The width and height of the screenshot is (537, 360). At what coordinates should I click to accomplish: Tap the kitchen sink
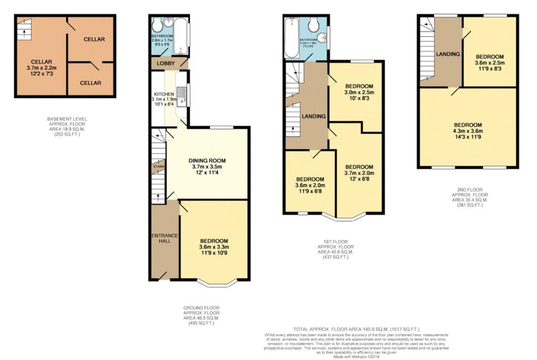[x=180, y=94]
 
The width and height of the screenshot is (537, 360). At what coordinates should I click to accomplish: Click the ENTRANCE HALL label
[x=165, y=238]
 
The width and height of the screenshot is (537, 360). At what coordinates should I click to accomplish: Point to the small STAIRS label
[x=158, y=167]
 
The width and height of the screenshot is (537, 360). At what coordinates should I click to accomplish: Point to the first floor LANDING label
[x=314, y=116]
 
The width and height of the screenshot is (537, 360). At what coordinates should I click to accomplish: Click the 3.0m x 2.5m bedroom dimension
[x=359, y=92]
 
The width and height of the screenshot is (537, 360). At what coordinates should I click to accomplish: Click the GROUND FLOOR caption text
[x=201, y=308]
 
